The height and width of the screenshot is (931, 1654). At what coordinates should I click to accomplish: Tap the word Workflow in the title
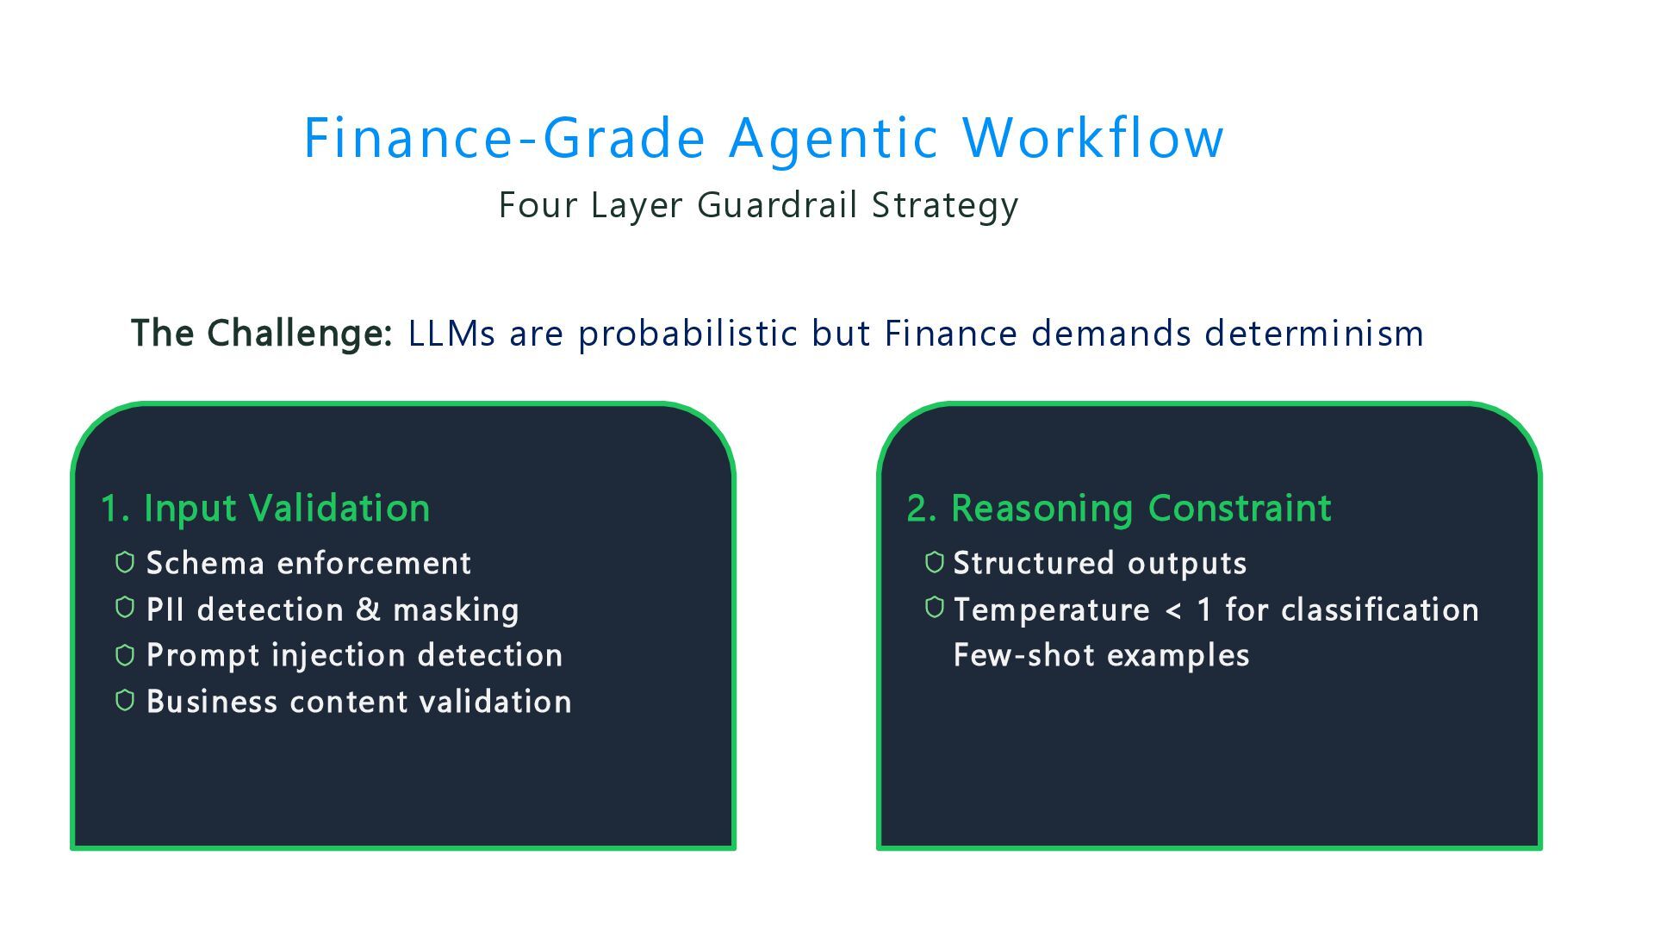tap(1092, 138)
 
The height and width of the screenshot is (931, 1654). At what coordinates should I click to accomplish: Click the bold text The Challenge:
tap(262, 334)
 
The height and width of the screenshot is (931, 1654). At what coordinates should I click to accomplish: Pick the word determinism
tap(1314, 334)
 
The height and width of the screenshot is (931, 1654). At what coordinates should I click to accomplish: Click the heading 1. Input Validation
tap(265, 509)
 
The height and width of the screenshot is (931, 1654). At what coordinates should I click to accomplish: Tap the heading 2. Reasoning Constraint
tap(1119, 509)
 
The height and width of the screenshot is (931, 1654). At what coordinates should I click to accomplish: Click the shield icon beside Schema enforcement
tap(125, 563)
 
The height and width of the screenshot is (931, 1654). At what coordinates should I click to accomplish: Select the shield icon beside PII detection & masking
tap(125, 608)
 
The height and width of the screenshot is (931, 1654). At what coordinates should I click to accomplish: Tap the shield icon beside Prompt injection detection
tap(125, 655)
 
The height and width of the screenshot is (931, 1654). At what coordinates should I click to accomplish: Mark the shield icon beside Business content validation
tap(125, 701)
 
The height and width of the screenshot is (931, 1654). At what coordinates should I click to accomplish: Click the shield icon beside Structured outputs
tap(935, 563)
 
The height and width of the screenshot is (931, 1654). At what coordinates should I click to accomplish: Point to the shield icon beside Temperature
tap(935, 608)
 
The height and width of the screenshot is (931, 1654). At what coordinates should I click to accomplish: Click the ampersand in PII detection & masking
tap(368, 609)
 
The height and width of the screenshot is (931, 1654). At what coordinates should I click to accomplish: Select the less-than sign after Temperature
tap(1173, 610)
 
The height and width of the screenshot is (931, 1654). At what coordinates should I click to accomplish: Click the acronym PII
tap(165, 609)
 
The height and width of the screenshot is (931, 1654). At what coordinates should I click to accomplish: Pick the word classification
tap(1379, 609)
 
